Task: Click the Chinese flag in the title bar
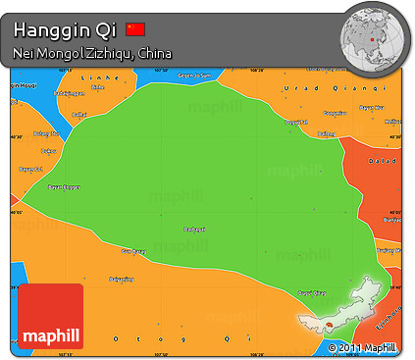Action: (135, 29)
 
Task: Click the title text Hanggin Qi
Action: (65, 29)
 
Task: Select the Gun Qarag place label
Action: (132, 252)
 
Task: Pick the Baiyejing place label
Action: (121, 280)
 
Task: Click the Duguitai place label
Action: (296, 123)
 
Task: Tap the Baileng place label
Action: (78, 115)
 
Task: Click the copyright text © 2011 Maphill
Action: (363, 348)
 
